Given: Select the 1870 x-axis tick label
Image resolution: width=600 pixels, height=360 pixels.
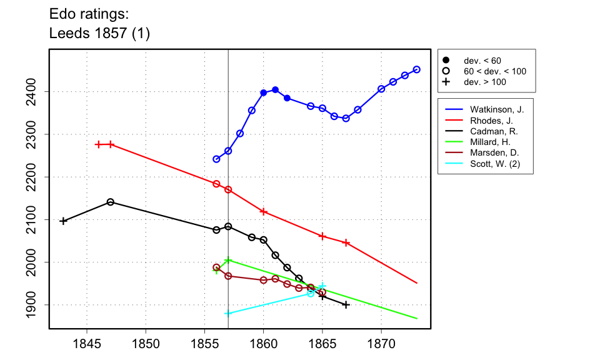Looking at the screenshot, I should [x=381, y=343].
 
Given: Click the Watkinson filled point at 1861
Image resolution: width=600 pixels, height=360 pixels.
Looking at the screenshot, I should [x=275, y=90].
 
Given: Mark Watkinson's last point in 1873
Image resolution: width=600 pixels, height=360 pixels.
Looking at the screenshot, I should [x=417, y=69].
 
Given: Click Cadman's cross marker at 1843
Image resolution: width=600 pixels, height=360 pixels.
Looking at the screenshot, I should [x=63, y=221].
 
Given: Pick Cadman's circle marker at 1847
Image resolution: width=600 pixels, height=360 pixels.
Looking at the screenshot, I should [x=111, y=202].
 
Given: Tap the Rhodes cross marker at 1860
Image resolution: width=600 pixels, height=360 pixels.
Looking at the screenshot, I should [x=263, y=212].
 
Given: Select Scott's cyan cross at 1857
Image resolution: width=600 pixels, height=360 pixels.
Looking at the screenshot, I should [x=228, y=313].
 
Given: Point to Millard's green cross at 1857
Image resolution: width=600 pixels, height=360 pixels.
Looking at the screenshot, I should [x=228, y=261].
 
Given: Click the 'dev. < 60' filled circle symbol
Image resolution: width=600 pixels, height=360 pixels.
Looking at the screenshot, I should [x=446, y=61].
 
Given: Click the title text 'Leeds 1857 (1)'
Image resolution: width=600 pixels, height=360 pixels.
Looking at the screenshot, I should [x=99, y=34].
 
